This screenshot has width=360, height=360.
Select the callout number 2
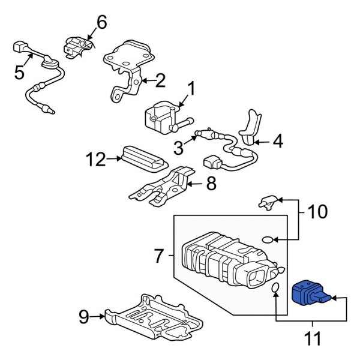click(160, 79)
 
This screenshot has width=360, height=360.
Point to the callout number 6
click(101, 23)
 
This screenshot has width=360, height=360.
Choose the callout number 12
click(95, 159)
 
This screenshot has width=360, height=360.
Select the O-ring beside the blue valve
click(275, 290)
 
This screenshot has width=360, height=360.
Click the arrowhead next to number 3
click(195, 139)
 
